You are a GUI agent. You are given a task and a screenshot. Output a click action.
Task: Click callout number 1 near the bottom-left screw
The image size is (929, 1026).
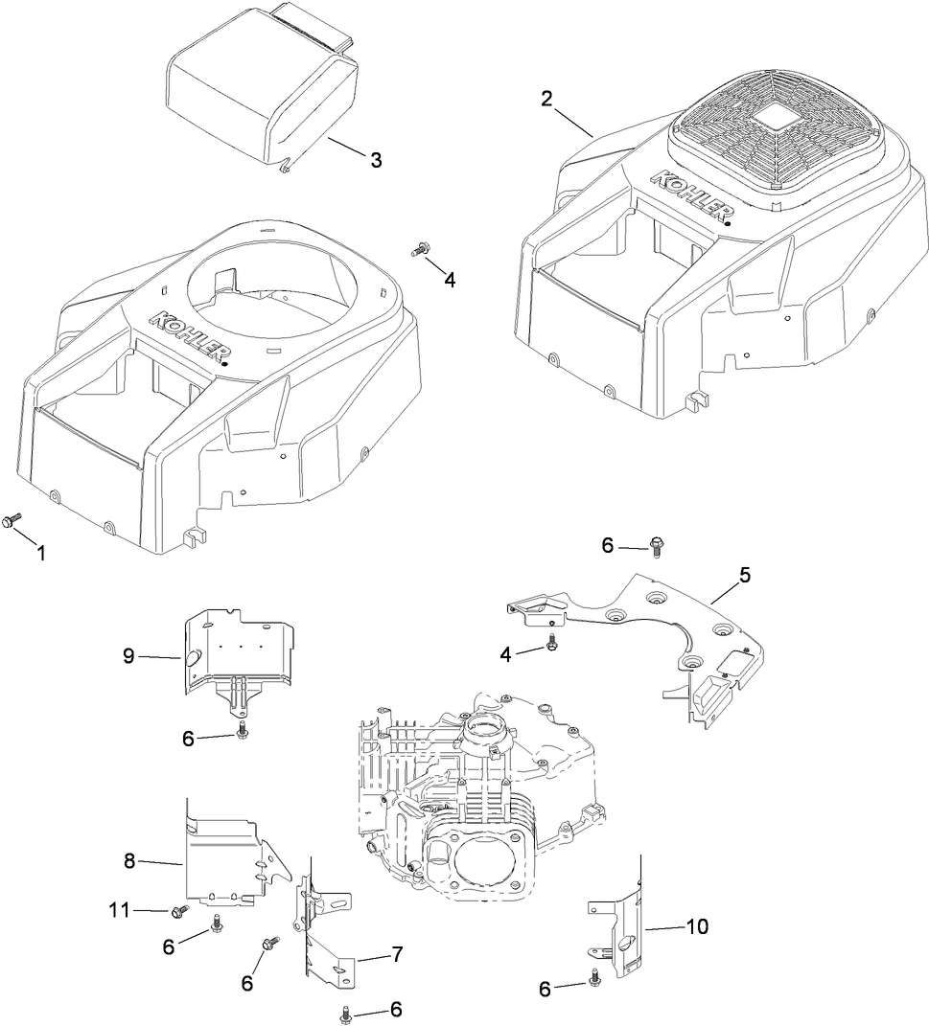pos(40,554)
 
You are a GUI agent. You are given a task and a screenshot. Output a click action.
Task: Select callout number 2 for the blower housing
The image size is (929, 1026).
pos(546,98)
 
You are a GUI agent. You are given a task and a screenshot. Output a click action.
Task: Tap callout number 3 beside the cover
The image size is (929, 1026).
pos(376,160)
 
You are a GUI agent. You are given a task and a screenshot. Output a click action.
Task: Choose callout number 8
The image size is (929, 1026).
pos(128,862)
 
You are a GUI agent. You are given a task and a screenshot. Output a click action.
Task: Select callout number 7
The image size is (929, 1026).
pos(396,954)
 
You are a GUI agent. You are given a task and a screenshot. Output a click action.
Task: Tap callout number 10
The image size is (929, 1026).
pos(698,926)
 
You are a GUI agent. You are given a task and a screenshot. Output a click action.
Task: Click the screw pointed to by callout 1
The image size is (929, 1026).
pos(12,519)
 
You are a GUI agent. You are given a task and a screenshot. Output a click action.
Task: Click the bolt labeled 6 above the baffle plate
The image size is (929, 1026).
pos(657,547)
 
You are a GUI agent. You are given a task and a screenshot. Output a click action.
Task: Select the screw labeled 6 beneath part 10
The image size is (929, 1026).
pos(596,977)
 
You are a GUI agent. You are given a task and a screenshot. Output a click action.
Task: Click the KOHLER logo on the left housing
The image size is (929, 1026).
pos(188,336)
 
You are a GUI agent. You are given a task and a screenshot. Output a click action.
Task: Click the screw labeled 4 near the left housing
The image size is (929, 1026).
pos(417,251)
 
